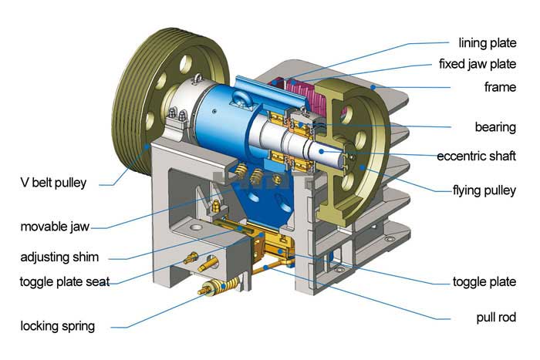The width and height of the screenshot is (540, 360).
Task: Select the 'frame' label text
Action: click(500, 87)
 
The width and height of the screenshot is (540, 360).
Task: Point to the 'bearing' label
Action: click(494, 126)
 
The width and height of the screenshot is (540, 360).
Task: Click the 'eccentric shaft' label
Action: click(476, 156)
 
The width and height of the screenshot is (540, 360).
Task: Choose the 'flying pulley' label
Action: click(484, 189)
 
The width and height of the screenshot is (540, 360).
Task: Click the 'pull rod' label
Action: click(496, 317)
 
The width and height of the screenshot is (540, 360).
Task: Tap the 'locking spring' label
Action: click(58, 325)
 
